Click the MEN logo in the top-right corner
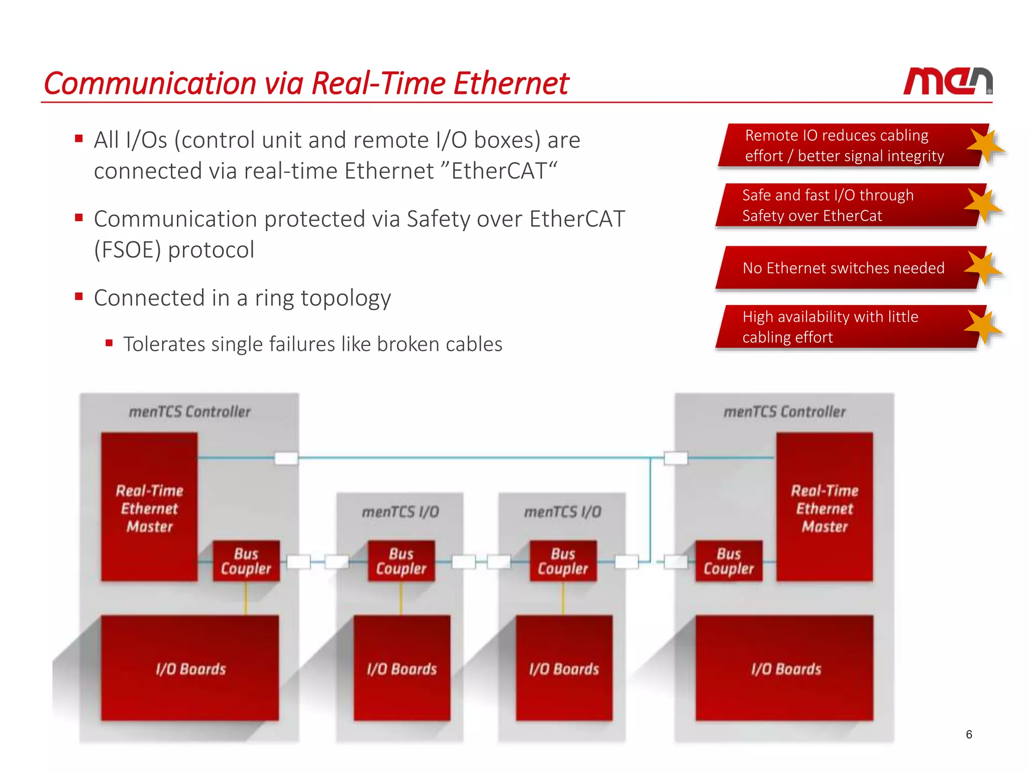pyautogui.click(x=947, y=81)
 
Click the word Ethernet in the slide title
pyautogui.click(x=511, y=83)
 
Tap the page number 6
pyautogui.click(x=969, y=734)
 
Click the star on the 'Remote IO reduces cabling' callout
pyautogui.click(x=984, y=146)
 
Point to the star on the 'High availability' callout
pyautogui.click(x=982, y=327)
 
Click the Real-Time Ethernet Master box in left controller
pyautogui.click(x=149, y=508)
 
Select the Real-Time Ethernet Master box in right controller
pyautogui.click(x=824, y=508)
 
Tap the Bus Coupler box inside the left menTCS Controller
pyautogui.click(x=246, y=561)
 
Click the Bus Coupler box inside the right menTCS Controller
pyautogui.click(x=729, y=561)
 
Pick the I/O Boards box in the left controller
pyautogui.click(x=190, y=668)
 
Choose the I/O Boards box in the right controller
pyautogui.click(x=785, y=668)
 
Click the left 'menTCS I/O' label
pyautogui.click(x=400, y=512)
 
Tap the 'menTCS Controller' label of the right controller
pyautogui.click(x=784, y=412)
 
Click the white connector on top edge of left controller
pyautogui.click(x=286, y=458)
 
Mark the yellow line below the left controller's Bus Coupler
pyautogui.click(x=246, y=598)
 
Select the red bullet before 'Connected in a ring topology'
pyautogui.click(x=79, y=297)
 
